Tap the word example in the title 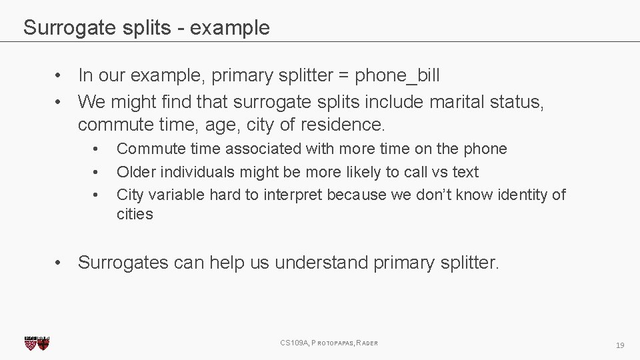pos(231,28)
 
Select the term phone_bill pos(397,75)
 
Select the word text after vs pos(465,172)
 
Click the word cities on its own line pos(135,214)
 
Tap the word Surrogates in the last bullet pos(123,263)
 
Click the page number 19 pos(620,345)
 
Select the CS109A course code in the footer pos(294,343)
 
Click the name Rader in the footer pos(367,343)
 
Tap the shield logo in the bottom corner pos(37,343)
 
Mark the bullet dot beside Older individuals pos(97,172)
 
